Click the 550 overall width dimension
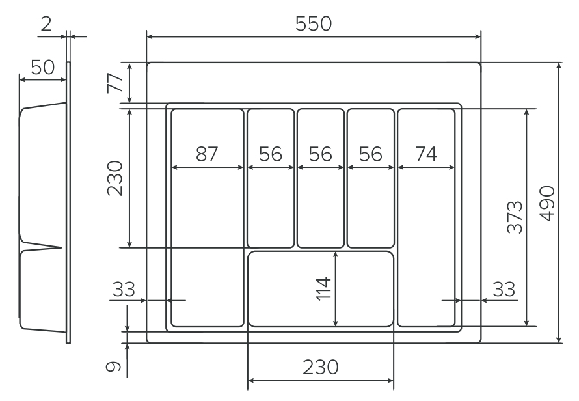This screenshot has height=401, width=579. coord(313,24)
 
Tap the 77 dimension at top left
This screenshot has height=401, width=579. coord(114,83)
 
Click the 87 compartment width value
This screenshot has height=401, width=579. coord(207,154)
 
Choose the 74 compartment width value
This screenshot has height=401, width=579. coord(426,154)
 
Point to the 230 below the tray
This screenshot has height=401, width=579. coord(320,367)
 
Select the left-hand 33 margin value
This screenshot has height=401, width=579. coord(123,288)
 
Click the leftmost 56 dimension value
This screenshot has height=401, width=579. coord(270,154)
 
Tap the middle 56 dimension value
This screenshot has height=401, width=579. coord(320,154)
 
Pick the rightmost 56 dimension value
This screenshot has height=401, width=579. coord(370,154)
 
